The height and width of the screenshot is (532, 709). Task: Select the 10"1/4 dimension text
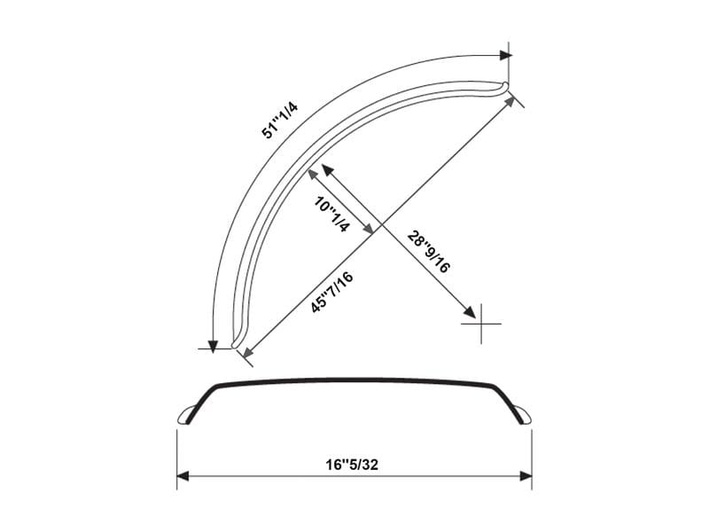(332, 215)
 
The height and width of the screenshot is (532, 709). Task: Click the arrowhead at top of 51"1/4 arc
(505, 55)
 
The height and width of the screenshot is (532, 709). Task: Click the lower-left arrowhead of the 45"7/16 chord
(247, 354)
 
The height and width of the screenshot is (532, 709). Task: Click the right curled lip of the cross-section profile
(523, 413)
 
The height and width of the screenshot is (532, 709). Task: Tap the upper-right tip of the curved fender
(505, 85)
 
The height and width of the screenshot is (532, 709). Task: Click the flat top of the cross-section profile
(354, 381)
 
